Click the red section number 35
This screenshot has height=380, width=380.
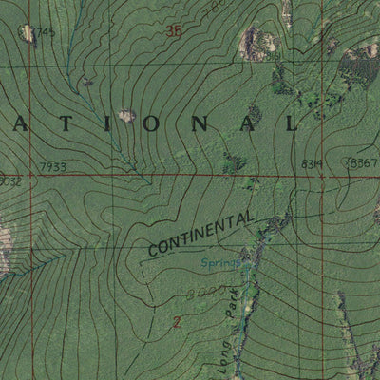coord(173,31)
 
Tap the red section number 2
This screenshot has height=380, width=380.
coord(176,323)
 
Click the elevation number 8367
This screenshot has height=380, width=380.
coord(364,163)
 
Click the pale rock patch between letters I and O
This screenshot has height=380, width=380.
coord(126,116)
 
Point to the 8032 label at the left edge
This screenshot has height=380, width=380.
coord(9,180)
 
